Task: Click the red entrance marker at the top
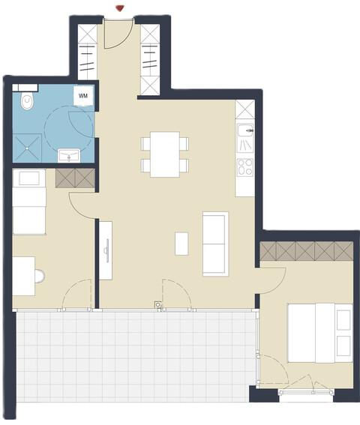118,7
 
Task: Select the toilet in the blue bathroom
28,100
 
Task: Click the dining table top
164,154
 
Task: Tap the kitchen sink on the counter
245,135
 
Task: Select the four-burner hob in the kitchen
245,167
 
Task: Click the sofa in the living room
215,243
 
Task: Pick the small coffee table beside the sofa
181,243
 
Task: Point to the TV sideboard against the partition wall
106,250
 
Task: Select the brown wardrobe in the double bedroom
306,252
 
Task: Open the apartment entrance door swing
118,34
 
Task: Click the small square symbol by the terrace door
157,304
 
